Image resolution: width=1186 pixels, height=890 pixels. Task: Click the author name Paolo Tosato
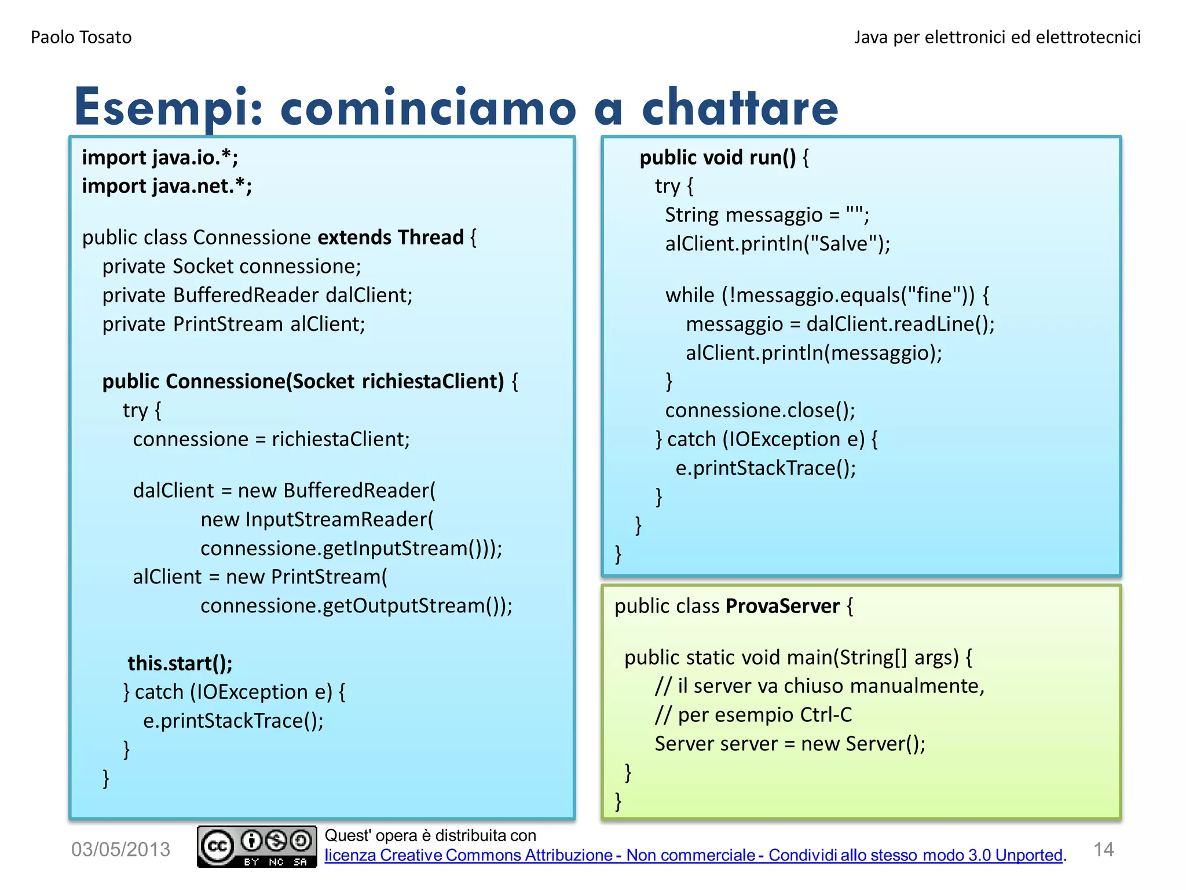point(81,37)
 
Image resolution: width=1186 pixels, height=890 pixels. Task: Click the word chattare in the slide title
point(740,108)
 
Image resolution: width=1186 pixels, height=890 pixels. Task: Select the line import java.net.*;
point(167,186)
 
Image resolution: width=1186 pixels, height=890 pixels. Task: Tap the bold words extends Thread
point(390,238)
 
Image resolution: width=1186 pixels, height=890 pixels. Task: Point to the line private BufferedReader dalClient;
point(257,296)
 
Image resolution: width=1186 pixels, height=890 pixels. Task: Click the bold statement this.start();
point(180,663)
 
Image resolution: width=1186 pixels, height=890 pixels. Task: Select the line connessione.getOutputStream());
point(356,606)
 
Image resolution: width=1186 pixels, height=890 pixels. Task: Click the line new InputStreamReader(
point(317,520)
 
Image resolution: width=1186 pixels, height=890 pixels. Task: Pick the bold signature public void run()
point(718,158)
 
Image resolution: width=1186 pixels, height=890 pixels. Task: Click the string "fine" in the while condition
point(934,296)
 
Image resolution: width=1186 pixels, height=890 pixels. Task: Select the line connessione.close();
point(760,411)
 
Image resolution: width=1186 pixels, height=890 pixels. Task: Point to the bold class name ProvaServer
point(782,607)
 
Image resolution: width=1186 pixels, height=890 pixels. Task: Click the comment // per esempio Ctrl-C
point(753,715)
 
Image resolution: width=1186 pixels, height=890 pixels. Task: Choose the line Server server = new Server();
point(790,744)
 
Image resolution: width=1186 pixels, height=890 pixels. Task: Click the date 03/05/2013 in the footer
point(120,849)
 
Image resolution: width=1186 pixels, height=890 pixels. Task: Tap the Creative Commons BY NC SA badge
point(257,847)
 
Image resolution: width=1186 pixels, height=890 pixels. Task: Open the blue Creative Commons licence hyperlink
point(693,856)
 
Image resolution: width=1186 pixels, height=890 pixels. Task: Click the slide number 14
point(1103,849)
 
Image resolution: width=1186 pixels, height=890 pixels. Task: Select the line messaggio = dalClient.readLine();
point(840,324)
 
